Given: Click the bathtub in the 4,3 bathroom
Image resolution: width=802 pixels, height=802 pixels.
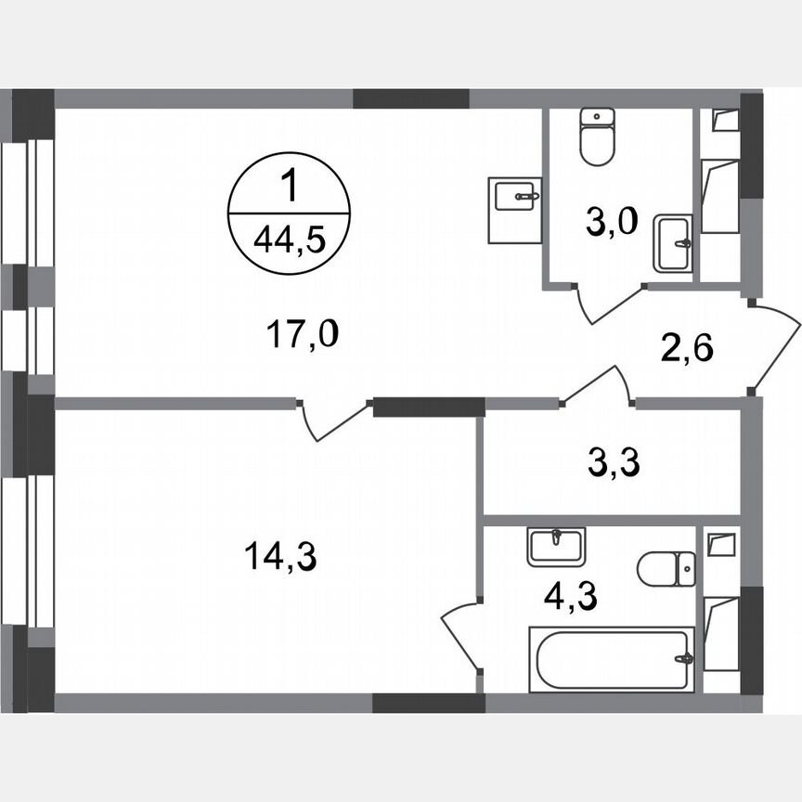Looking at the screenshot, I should pyautogui.click(x=613, y=660).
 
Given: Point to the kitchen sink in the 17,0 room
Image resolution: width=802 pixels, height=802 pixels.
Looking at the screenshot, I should pyautogui.click(x=515, y=210).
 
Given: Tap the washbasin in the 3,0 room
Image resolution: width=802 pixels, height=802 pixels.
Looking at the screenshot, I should pyautogui.click(x=672, y=243).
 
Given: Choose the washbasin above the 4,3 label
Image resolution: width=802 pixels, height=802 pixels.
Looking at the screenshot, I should pyautogui.click(x=556, y=545).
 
